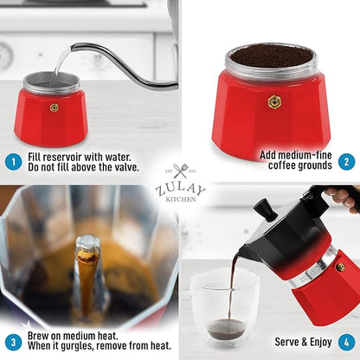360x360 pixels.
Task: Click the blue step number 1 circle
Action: tap(13, 160)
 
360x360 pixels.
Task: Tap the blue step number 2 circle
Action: tap(345, 160)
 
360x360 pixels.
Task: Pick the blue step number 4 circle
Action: tap(345, 341)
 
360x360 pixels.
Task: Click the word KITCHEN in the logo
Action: tap(181, 199)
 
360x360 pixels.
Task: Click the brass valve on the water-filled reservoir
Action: tap(54, 108)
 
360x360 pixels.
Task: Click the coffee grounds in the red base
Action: tap(270, 55)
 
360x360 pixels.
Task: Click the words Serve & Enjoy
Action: tap(304, 341)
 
